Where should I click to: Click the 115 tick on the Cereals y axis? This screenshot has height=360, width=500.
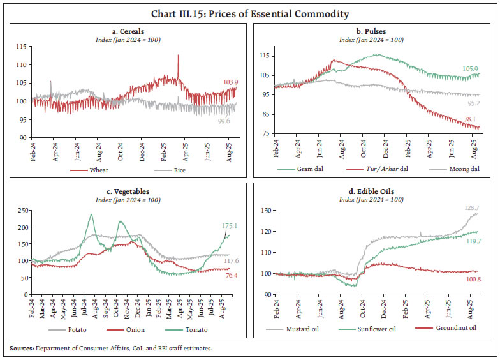21,47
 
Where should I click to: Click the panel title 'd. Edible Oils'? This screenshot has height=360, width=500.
373,192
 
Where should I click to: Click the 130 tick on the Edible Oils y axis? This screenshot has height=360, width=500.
268,211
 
